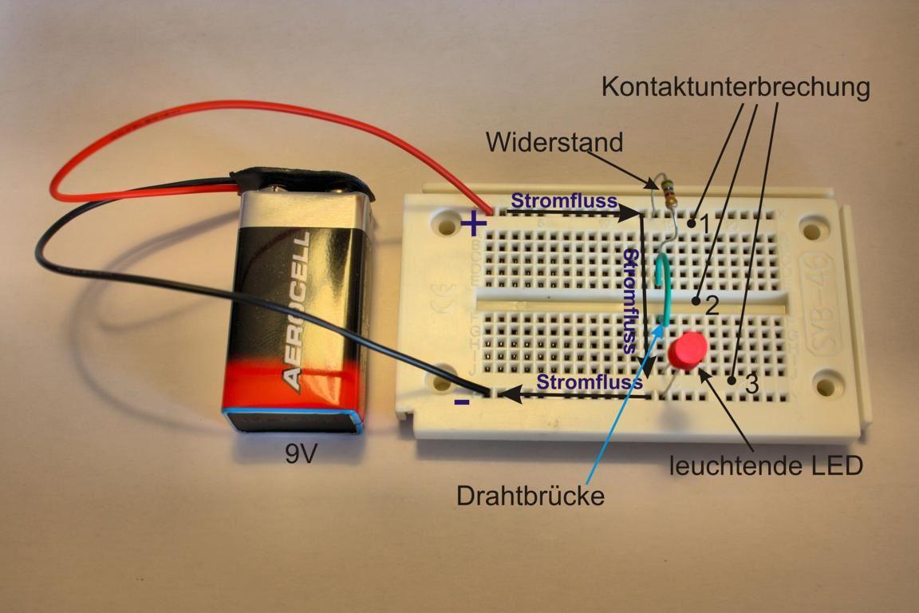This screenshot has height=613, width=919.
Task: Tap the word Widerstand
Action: click(554, 143)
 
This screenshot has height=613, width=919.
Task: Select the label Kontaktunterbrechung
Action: click(735, 87)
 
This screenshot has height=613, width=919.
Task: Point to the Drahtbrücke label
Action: click(530, 496)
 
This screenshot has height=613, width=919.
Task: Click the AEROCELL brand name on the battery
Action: click(298, 311)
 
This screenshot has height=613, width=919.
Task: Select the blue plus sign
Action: click(474, 223)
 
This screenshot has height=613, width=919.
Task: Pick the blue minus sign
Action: click(462, 402)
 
